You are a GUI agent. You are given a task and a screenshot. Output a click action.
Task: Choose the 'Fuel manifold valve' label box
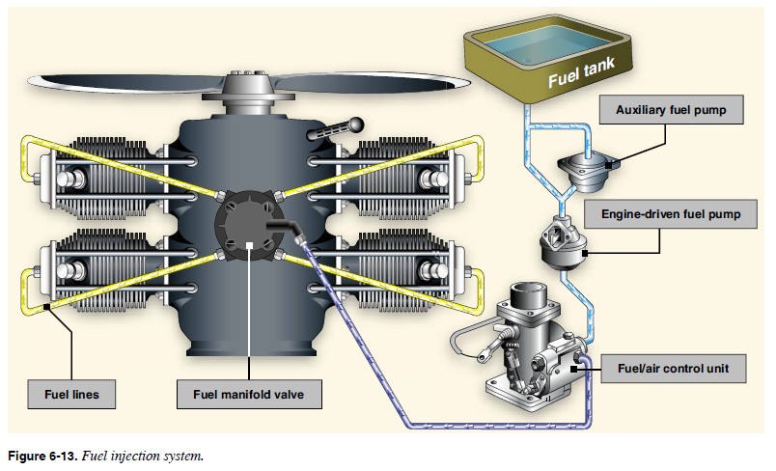click(249, 395)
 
